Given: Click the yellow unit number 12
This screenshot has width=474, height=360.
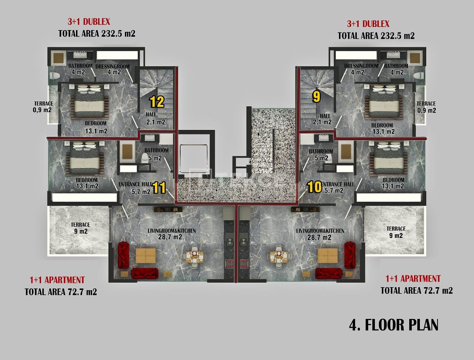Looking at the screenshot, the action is coord(157,102).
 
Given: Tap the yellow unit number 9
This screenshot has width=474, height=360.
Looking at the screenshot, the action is coord(316,97).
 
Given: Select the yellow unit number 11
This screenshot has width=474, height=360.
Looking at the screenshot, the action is coord(159,188).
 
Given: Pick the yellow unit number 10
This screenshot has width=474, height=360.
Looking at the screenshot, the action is coord(315,187).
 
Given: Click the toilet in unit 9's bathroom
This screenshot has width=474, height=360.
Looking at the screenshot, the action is coord(419,75).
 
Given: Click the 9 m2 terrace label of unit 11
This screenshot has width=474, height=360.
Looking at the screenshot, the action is coord(80,228).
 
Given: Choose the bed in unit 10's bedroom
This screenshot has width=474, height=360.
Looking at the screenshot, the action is coord(388,158).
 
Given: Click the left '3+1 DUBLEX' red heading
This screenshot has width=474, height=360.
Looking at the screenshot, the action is coord(89,22).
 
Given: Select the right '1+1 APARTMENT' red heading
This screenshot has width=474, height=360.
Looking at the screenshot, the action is coord(413,279).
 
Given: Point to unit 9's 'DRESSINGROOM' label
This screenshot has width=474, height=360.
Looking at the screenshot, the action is coord(361,66).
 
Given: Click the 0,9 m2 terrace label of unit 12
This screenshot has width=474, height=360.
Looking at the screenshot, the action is coord(43,107).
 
